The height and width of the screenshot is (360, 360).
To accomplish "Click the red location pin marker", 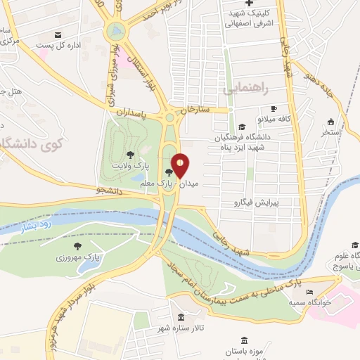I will (180, 165).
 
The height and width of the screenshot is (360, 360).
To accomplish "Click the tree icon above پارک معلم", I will (168, 172).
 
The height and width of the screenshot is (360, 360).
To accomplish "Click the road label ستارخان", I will (196, 111).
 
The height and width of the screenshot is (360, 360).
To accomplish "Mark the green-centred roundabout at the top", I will (117, 30).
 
